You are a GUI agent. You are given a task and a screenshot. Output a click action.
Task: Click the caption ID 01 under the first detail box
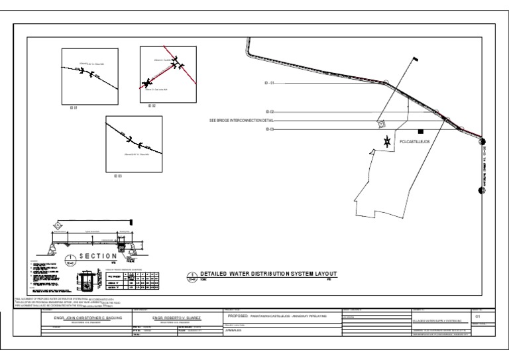[74, 107]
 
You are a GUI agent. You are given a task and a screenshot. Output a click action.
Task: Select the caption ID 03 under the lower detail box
[118, 176]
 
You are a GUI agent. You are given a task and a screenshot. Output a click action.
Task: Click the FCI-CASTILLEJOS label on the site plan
[414, 143]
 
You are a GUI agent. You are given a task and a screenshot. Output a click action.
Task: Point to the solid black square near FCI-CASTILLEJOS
[420, 131]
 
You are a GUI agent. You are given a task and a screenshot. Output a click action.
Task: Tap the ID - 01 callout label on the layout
[269, 84]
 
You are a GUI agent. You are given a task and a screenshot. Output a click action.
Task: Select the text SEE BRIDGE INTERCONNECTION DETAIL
[241, 121]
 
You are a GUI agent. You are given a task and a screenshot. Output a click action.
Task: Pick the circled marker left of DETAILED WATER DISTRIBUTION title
[192, 276]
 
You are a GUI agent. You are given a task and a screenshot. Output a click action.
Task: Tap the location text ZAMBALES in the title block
[230, 330]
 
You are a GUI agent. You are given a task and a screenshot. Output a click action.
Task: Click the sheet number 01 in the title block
[486, 316]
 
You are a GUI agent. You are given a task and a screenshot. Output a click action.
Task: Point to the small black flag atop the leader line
[416, 60]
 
